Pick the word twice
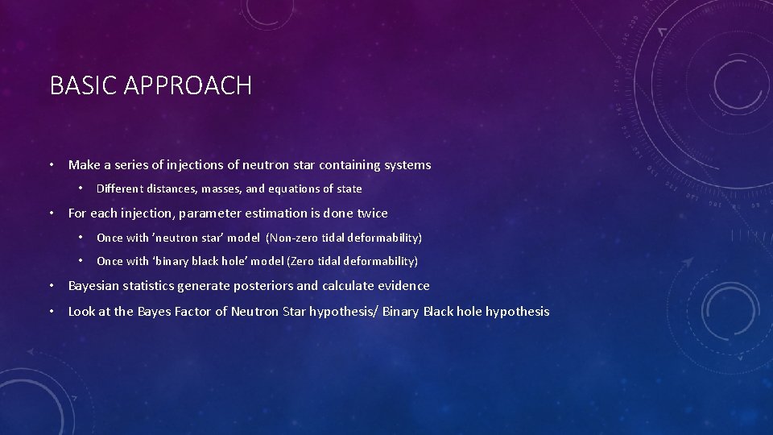click(370, 213)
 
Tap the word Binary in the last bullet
click(400, 312)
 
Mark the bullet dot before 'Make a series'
click(51, 165)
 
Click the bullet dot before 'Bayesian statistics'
click(51, 286)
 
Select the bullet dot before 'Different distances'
click(81, 189)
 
